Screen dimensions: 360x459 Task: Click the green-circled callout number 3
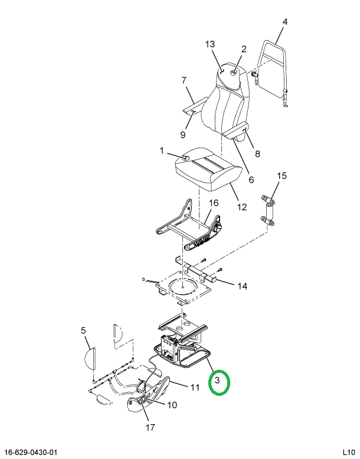point(217,380)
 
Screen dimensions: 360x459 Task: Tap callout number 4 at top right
point(285,22)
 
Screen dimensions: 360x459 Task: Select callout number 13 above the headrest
point(210,44)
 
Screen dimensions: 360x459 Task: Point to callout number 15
point(282,175)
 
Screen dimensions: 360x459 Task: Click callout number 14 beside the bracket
point(242,286)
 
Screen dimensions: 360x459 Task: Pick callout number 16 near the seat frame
point(214,203)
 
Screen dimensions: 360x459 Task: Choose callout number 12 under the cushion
point(242,207)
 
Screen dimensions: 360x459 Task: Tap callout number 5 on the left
point(83,331)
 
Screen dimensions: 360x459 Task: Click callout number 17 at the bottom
point(150,427)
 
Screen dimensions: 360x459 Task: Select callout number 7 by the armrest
point(184,80)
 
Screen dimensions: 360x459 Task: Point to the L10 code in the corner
point(349,453)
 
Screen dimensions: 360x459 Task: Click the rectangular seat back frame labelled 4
point(272,73)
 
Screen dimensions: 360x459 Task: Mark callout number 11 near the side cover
point(195,388)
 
